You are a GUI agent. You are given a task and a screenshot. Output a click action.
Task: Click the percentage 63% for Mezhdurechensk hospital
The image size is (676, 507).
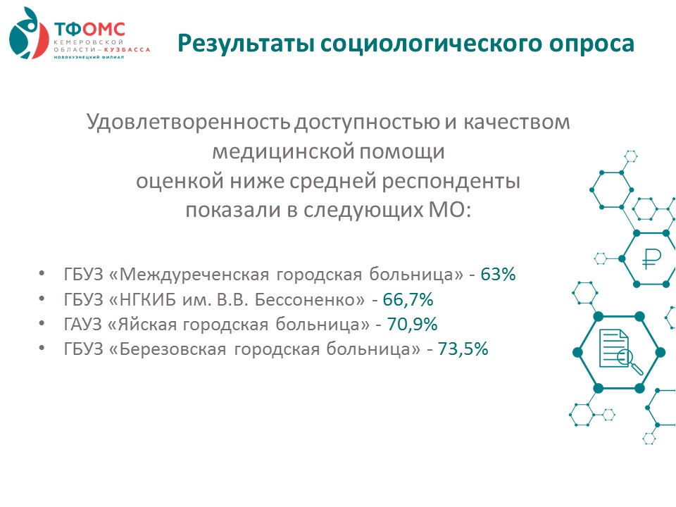tap(498, 274)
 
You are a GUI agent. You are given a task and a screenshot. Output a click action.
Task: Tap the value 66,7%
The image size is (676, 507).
tap(408, 299)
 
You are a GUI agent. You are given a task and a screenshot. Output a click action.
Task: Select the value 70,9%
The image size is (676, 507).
tap(412, 324)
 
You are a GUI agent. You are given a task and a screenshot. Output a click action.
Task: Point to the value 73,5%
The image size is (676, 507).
tap(463, 349)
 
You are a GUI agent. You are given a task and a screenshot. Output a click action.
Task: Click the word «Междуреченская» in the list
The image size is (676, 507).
tap(194, 275)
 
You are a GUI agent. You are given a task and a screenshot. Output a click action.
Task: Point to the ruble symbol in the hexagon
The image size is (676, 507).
tap(651, 258)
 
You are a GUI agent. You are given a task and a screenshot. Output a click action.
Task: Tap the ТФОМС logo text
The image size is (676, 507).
tap(89, 30)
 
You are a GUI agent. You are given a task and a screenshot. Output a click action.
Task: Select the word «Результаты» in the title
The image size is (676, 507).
tap(245, 44)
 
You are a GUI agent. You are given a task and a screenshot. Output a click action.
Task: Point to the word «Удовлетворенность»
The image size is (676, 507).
tap(189, 122)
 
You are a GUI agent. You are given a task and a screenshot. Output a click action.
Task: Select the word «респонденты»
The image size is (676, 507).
tap(451, 182)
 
